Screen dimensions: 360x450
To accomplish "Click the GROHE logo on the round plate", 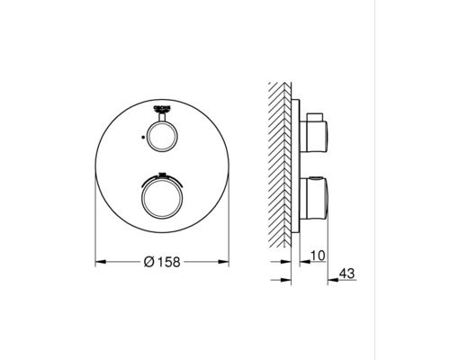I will [162, 106].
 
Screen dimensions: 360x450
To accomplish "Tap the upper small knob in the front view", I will [162, 138].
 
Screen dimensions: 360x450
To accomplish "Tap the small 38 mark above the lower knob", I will [162, 174].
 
